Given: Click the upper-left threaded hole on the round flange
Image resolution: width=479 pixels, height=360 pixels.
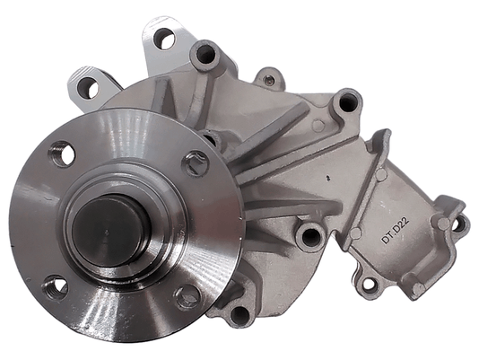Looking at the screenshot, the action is [x=62, y=154].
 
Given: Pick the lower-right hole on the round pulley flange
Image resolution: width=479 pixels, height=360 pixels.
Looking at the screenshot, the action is [x=187, y=297].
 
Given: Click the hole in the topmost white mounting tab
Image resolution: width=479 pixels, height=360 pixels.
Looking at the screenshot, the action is [x=165, y=40].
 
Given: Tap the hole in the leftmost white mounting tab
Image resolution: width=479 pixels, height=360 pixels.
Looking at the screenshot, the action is [x=88, y=88].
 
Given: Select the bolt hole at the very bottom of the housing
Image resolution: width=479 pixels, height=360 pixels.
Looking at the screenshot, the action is [x=240, y=316].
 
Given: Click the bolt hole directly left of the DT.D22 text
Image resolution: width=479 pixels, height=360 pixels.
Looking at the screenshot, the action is [x=310, y=236].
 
